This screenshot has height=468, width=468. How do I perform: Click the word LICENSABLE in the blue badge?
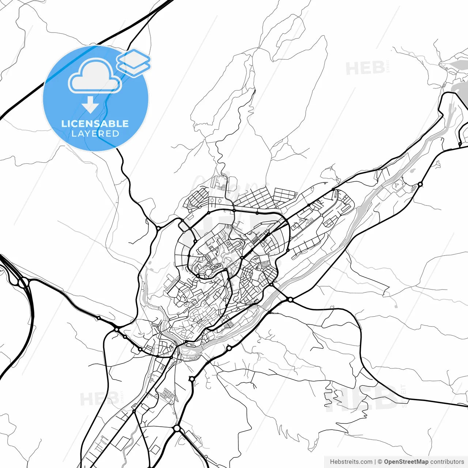click(x=95, y=124)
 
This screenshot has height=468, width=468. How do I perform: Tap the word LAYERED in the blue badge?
click(x=95, y=134)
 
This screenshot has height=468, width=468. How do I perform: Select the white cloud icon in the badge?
click(x=95, y=76)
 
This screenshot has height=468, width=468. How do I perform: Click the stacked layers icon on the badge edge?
click(x=134, y=63)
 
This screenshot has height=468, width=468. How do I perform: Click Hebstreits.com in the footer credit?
click(x=351, y=462)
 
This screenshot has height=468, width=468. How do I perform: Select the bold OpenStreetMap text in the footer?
click(x=406, y=462)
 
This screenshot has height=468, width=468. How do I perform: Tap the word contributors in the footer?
click(x=447, y=462)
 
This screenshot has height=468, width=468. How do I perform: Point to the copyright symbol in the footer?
click(x=380, y=462)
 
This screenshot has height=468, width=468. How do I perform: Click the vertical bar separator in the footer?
click(x=375, y=462)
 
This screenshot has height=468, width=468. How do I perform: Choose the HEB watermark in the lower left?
click(x=99, y=399)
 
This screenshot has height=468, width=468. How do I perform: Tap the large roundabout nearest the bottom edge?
click(x=177, y=428)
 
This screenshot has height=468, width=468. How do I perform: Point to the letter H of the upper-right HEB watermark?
click(x=353, y=68)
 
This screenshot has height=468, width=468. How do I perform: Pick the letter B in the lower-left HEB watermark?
click(x=112, y=399)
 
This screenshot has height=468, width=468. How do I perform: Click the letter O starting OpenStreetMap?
click(x=386, y=462)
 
